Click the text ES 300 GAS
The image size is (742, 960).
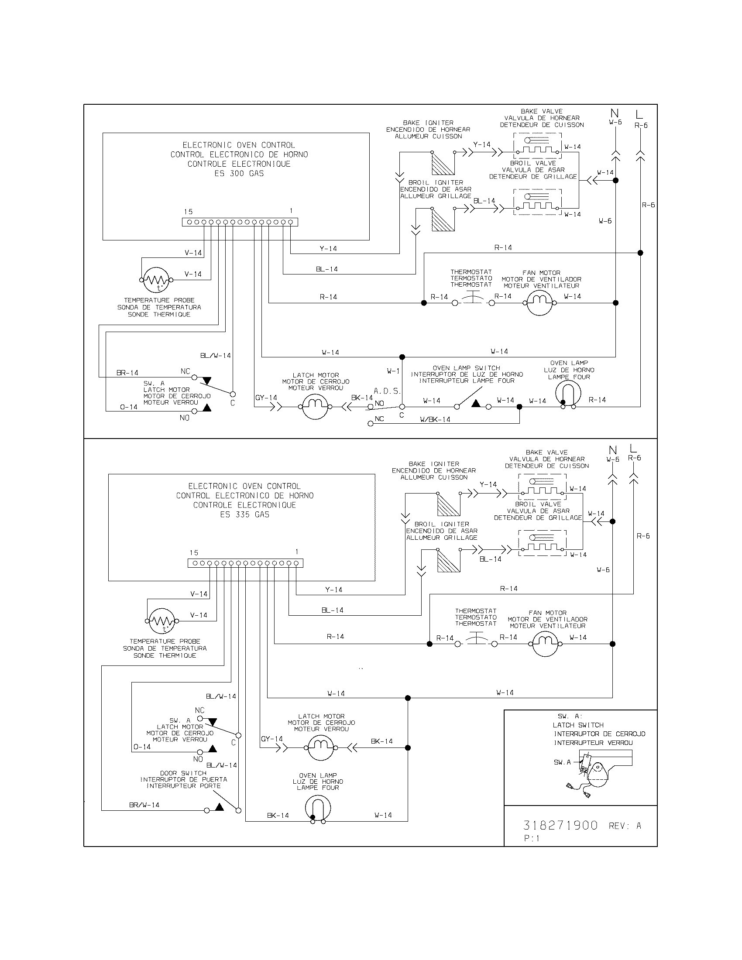click(239, 173)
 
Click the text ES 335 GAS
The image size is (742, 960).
click(245, 514)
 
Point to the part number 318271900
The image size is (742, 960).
click(560, 825)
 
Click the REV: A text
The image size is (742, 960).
click(625, 826)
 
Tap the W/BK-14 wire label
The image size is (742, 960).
click(435, 420)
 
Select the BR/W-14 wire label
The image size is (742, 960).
click(144, 805)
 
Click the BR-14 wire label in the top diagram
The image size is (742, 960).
click(127, 373)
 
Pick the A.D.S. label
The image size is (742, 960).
click(387, 391)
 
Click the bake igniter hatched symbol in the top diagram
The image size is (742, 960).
click(442, 163)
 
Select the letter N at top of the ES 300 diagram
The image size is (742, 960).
click(615, 114)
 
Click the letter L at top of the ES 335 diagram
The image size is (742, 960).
click(633, 449)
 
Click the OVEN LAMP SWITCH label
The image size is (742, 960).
click(467, 368)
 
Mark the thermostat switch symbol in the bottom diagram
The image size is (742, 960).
click(476, 644)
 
